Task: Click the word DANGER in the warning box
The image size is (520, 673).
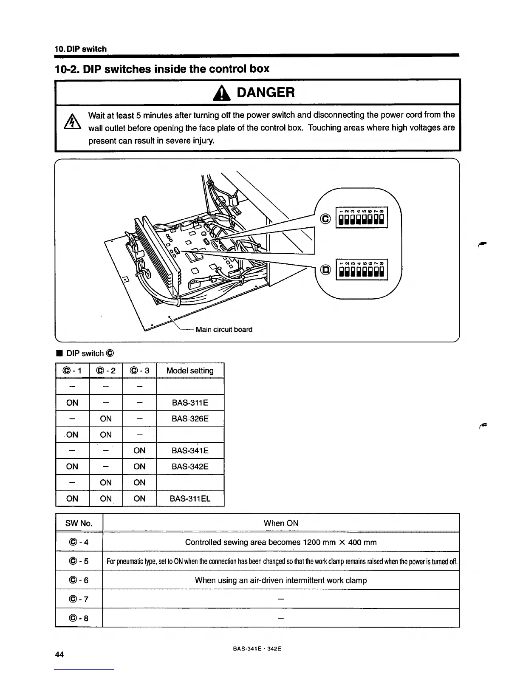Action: click(266, 92)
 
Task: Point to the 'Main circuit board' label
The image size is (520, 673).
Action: click(224, 329)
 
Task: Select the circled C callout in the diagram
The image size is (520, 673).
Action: click(326, 219)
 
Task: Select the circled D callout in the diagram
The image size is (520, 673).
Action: click(326, 270)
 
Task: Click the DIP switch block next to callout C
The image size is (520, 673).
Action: click(362, 218)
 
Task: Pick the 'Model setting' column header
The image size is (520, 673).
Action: click(190, 370)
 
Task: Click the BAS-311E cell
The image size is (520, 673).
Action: click(190, 403)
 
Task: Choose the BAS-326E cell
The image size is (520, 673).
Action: click(190, 419)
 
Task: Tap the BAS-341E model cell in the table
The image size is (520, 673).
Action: click(190, 450)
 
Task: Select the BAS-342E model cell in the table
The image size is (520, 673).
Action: click(190, 467)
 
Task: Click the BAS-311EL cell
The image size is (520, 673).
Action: click(190, 498)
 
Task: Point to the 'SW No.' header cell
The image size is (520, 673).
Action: click(79, 523)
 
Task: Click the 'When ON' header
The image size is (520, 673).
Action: click(281, 523)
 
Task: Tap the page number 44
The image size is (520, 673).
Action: click(59, 654)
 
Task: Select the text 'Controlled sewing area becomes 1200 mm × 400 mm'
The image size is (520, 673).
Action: click(281, 542)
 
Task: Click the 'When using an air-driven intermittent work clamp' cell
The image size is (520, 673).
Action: click(281, 580)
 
